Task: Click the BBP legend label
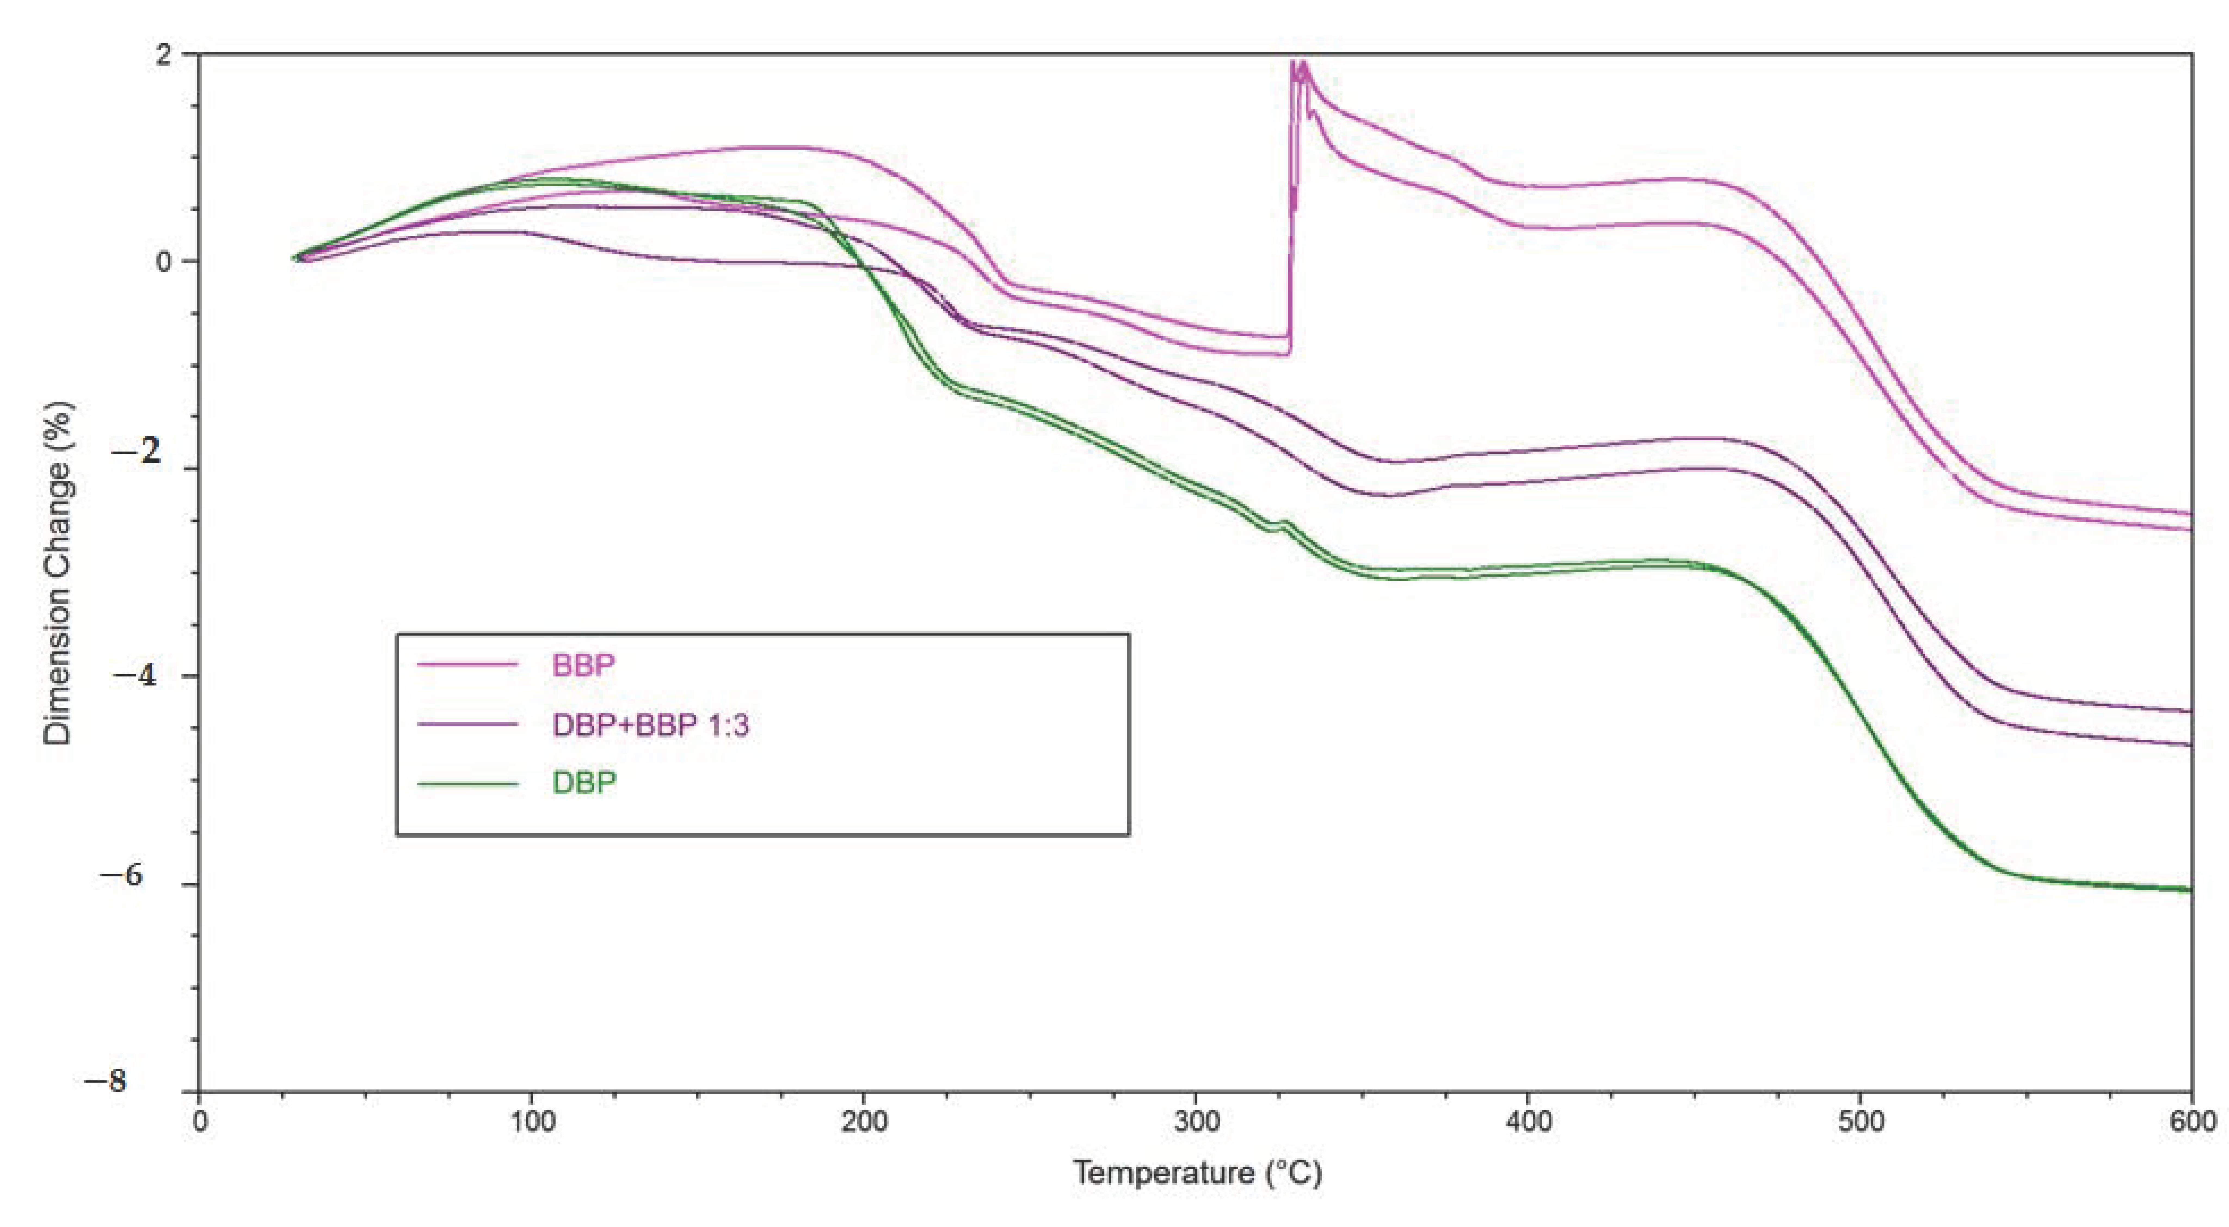click(583, 665)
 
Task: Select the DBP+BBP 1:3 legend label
click(650, 725)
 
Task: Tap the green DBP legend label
click(584, 783)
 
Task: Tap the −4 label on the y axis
click(136, 676)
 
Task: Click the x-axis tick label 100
click(531, 1122)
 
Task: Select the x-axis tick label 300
click(1196, 1122)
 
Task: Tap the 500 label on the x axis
click(1860, 1122)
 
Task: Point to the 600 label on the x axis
click(2191, 1122)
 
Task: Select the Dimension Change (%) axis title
click(59, 573)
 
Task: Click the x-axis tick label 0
click(200, 1122)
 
